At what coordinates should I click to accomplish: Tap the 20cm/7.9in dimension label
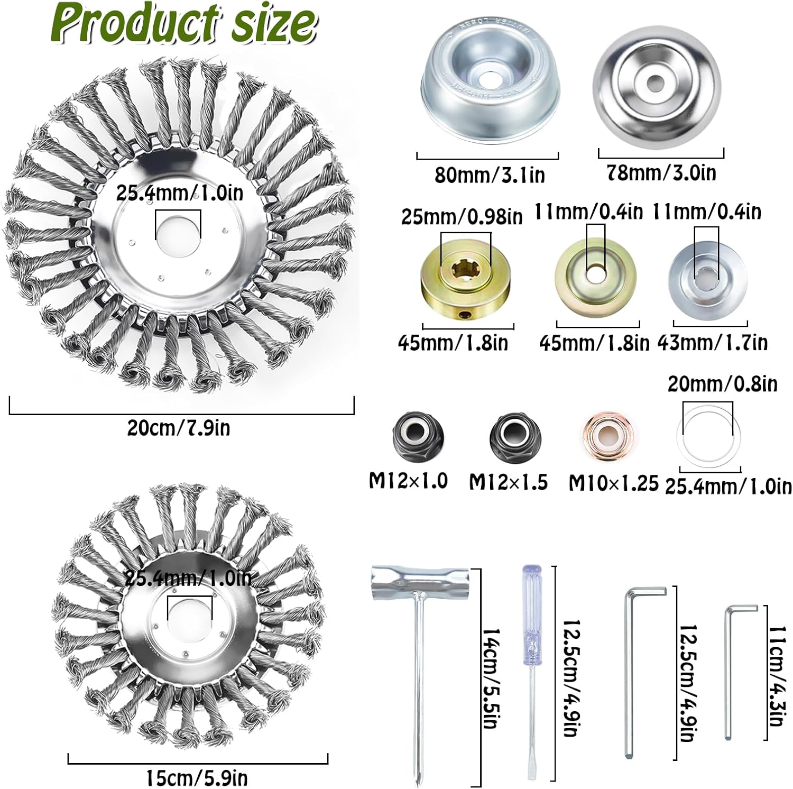tap(179, 427)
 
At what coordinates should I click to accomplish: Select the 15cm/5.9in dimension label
tap(197, 778)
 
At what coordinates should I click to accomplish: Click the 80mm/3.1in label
tap(490, 175)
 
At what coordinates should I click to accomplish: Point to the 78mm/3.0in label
tap(661, 173)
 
